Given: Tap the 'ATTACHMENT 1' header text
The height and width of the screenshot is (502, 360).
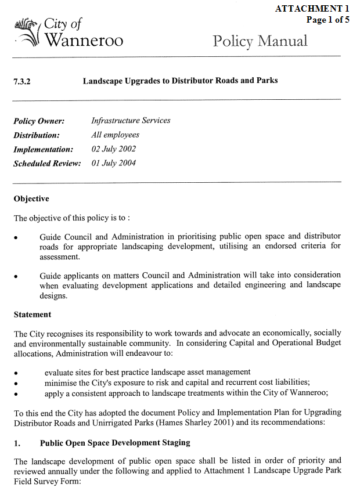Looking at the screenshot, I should tap(312, 9).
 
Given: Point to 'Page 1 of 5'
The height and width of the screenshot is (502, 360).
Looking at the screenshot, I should tap(327, 19).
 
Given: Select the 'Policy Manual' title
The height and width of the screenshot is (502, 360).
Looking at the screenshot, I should tap(260, 41).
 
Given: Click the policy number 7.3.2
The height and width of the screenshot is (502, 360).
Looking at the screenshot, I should tap(22, 81).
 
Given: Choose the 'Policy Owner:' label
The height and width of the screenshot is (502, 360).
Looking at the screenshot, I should tap(39, 121).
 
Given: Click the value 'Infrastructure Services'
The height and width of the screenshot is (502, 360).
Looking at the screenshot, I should tap(131, 121).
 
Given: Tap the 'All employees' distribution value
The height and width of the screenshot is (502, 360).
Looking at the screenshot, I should tap(115, 135).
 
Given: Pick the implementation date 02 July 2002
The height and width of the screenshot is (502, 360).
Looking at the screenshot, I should tap(114, 149).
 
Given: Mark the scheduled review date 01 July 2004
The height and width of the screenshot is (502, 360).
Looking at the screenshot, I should tap(114, 163).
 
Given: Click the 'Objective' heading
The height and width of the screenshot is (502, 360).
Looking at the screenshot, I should tap(31, 199).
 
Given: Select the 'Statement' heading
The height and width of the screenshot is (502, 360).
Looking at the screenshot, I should tap(33, 315).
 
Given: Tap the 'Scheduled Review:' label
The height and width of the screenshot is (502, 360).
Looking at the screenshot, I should tap(47, 164).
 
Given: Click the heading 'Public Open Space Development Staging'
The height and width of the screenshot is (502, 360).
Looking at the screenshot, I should tap(115, 443).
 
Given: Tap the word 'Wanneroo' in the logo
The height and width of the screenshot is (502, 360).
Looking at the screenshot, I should tap(84, 41).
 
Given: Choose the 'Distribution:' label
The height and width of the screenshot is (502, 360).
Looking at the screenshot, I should tap(37, 135).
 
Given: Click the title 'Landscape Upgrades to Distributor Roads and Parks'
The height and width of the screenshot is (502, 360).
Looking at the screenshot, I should tap(180, 81).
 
